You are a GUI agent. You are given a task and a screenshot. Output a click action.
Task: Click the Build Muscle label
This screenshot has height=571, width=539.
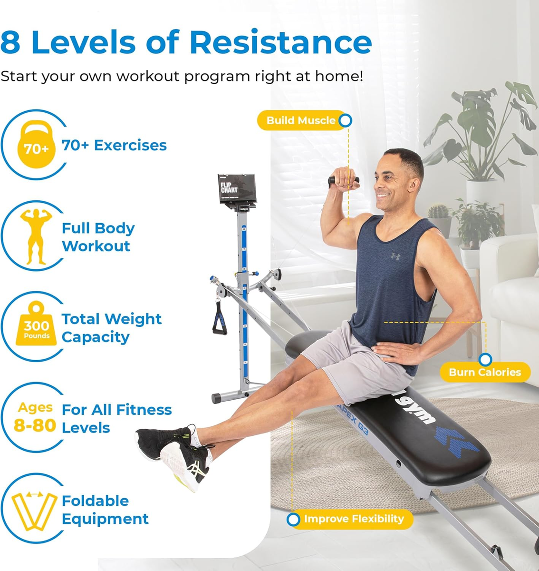coord(300,120)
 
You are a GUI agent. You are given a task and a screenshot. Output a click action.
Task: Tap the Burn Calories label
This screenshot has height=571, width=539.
coord(484,372)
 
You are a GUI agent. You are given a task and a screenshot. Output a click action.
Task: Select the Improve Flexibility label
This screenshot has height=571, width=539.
coord(354,519)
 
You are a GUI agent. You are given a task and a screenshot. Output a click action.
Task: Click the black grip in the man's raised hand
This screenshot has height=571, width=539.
coord(343,180)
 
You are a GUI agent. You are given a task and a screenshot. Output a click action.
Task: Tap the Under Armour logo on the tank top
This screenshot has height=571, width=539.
coord(395,256)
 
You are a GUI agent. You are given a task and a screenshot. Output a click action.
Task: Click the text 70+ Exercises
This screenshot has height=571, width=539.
coord(114,145)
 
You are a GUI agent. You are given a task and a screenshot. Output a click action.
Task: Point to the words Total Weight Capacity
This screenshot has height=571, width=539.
coord(111,328)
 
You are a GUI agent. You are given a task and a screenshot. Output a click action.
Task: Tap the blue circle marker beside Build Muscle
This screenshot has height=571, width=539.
coord(346,120)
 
